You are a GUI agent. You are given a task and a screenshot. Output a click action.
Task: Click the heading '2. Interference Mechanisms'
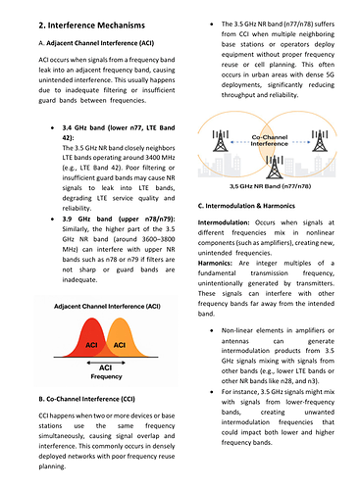click(91, 25)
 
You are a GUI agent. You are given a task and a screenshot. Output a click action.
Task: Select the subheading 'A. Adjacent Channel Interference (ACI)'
click(96, 43)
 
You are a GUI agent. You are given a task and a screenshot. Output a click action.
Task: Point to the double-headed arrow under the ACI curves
click(106, 363)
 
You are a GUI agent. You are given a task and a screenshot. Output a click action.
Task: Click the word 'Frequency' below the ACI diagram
click(106, 376)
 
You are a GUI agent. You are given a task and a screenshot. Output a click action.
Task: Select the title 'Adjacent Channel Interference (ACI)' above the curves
click(107, 307)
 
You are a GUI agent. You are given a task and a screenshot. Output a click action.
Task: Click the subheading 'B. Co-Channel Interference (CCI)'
click(86, 399)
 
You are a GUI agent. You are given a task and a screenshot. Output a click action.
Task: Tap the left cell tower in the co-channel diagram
click(221, 141)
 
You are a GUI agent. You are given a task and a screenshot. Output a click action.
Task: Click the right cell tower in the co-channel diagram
click(320, 141)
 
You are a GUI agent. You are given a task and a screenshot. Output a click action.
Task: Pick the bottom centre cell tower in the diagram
click(275, 168)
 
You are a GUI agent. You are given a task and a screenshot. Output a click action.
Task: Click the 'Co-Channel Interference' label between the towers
click(270, 140)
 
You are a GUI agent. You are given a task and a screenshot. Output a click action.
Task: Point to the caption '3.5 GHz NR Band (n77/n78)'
click(270, 186)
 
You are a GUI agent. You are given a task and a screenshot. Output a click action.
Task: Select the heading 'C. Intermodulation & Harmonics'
click(246, 206)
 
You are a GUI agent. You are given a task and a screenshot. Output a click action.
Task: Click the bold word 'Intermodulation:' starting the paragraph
click(224, 222)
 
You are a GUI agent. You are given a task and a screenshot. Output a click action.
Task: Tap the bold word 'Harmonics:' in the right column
click(215, 264)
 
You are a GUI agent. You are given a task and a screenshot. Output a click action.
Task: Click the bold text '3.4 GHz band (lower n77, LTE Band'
click(119, 127)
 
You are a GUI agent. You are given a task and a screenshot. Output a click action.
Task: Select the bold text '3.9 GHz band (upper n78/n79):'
click(119, 219)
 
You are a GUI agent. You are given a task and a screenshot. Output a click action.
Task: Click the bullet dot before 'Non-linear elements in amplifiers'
click(212, 330)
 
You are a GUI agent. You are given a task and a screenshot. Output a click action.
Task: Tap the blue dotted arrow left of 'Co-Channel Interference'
click(239, 142)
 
